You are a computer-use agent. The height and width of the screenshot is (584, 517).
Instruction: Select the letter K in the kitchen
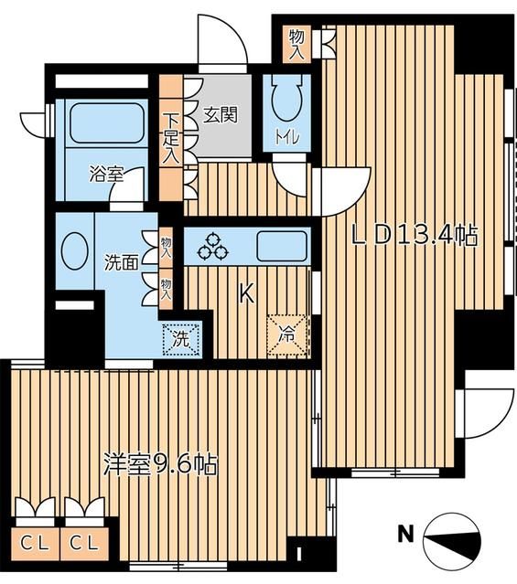point(245,293)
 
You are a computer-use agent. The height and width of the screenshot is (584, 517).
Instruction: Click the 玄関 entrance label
point(220,114)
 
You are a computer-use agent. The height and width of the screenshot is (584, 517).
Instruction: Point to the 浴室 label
point(106,174)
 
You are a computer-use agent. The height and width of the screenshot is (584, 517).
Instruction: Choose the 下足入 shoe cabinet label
point(170,137)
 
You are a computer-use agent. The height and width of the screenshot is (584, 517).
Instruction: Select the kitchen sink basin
point(282,246)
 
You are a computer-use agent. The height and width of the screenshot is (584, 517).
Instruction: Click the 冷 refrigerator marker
point(287,334)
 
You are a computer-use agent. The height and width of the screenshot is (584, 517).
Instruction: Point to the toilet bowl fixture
point(288,104)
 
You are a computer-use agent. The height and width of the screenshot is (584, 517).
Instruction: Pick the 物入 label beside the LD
point(296,43)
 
